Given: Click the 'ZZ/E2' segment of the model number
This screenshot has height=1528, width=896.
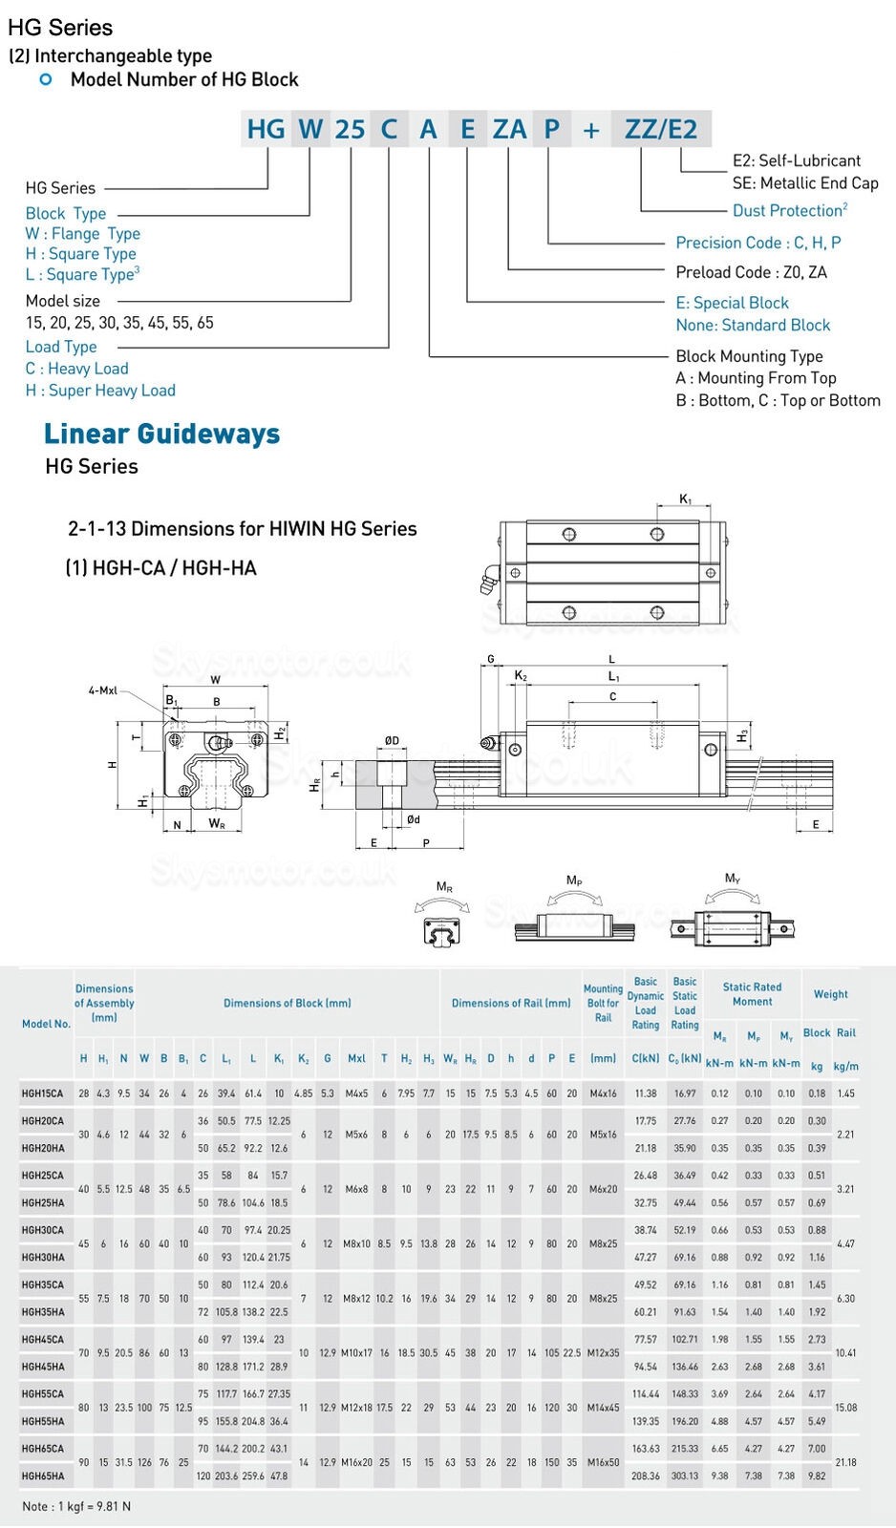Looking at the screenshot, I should (x=661, y=129).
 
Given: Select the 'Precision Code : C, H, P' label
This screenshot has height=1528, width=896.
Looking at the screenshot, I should (x=757, y=243).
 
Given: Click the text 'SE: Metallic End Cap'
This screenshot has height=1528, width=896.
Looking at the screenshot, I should (x=804, y=183).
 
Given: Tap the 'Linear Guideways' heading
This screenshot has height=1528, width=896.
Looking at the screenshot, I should (x=161, y=434).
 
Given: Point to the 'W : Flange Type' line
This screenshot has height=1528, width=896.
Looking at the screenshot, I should (x=83, y=234).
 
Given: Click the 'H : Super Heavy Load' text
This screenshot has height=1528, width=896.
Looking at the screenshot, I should (x=100, y=391).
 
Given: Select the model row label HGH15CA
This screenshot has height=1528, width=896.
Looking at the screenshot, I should (x=43, y=1093).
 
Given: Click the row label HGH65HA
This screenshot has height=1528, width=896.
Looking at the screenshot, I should (x=43, y=1476).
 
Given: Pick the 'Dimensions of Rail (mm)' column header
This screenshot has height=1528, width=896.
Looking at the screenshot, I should (x=511, y=1004).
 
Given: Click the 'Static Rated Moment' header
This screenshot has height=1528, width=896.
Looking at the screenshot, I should (x=752, y=994).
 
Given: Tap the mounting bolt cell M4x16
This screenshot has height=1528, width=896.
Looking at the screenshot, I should (x=603, y=1093).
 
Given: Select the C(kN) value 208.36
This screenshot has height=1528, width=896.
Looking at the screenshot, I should (x=646, y=1476).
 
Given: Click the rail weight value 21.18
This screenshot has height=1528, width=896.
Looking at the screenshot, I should (x=845, y=1462).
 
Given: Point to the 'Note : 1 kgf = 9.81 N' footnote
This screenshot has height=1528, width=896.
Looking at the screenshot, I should (x=76, y=1506).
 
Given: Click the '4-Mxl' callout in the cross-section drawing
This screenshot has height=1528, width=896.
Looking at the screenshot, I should (x=102, y=690).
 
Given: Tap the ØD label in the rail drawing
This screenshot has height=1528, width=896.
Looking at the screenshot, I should (x=392, y=740).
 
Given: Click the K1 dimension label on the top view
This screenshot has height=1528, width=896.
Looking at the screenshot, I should (x=685, y=499).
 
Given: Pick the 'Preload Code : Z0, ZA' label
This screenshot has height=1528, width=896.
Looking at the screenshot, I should (x=751, y=272).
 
